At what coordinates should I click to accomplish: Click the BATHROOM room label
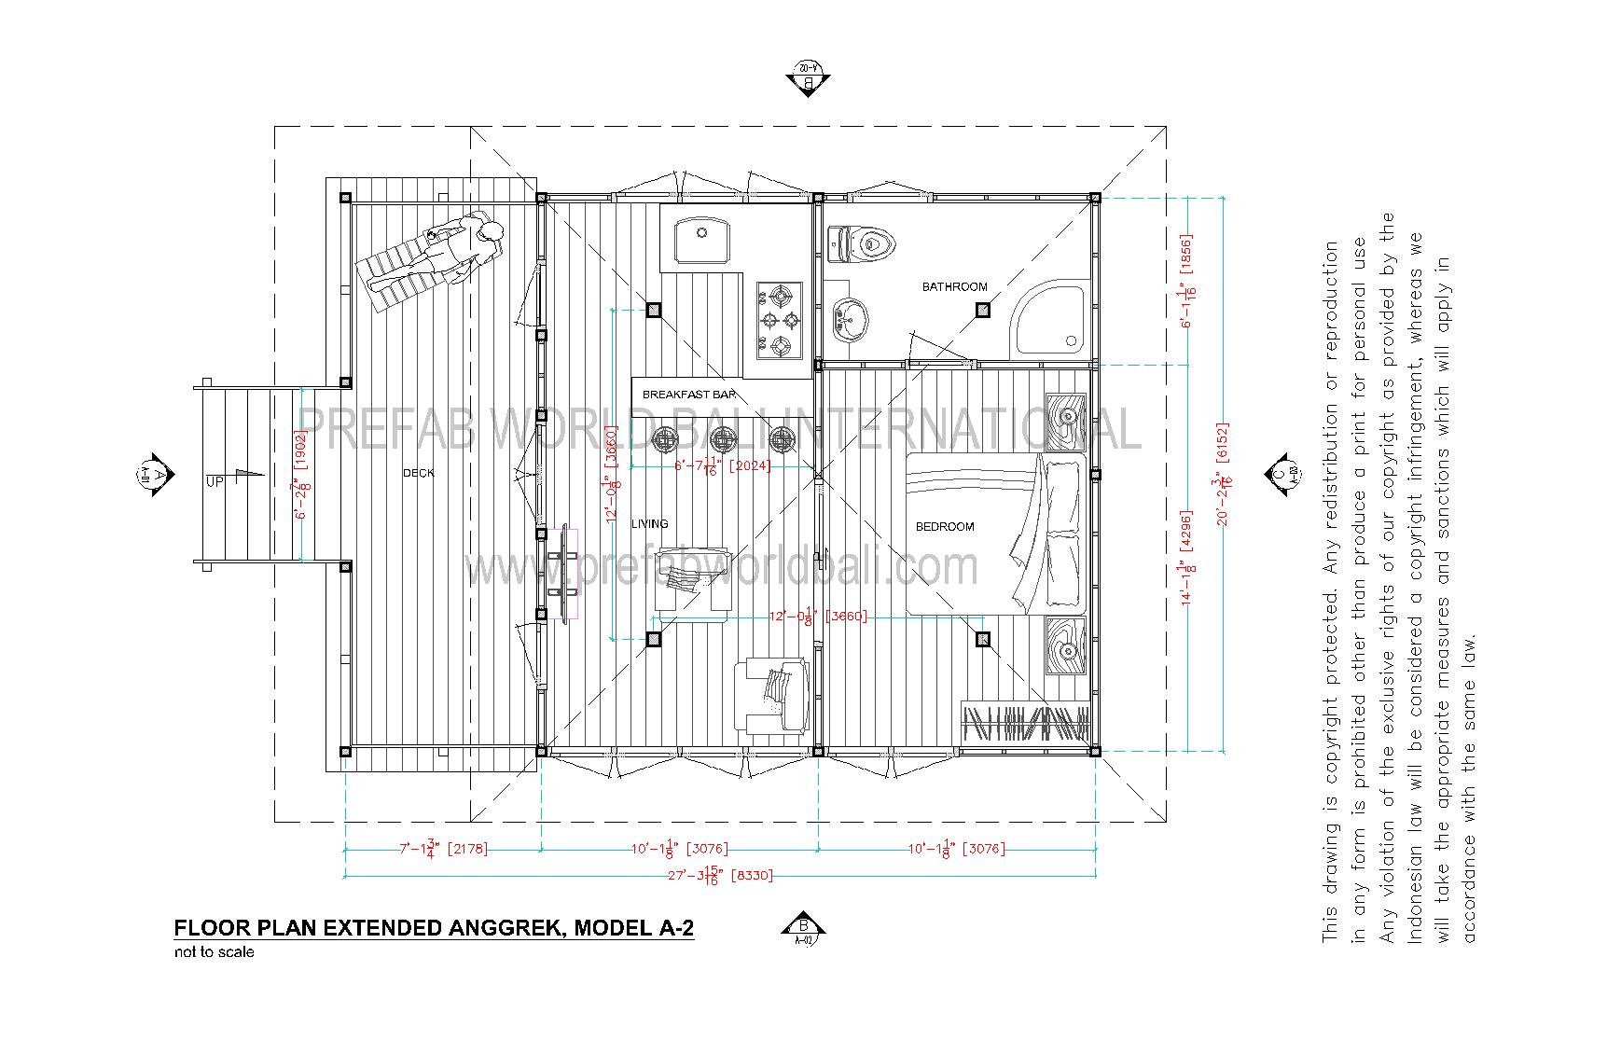point(954,286)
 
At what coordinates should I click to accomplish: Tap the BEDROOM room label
point(944,527)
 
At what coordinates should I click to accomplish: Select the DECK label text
point(419,473)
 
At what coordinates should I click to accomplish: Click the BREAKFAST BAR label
point(688,395)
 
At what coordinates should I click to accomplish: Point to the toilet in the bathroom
point(863,244)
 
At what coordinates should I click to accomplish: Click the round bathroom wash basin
point(848,319)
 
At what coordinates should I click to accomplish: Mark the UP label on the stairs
point(215,482)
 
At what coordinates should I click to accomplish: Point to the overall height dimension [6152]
point(1223,474)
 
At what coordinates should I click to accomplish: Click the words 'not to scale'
point(214,952)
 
